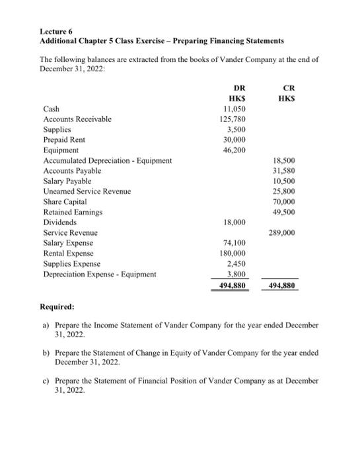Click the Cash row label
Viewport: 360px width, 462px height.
click(51, 109)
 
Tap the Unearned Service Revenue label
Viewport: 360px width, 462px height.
click(87, 191)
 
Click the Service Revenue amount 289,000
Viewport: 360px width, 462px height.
click(282, 233)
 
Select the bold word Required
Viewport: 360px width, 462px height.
click(57, 308)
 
